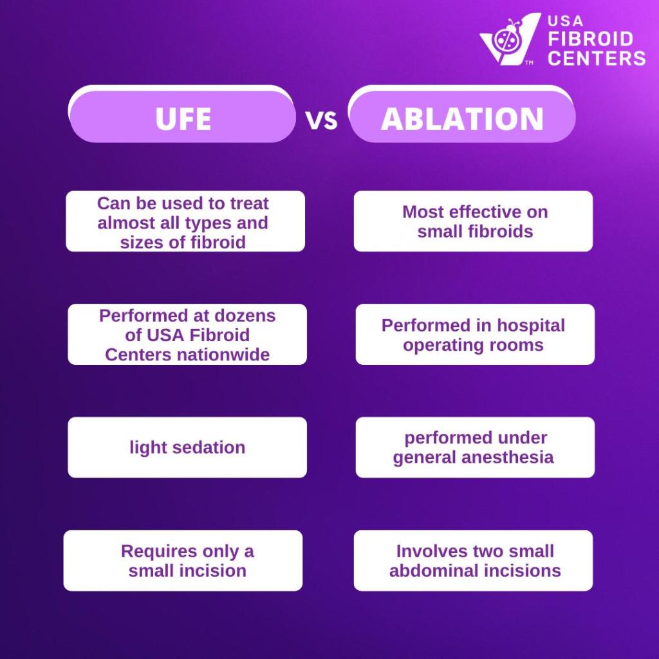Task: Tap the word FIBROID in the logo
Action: coord(590,39)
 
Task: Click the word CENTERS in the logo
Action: coord(597,58)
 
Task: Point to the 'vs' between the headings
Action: coord(322,120)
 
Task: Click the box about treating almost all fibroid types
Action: coord(185,221)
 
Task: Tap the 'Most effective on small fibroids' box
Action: coord(474,221)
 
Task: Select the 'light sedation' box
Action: coord(187,447)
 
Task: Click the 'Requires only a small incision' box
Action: coord(183,561)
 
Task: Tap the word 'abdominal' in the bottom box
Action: coord(431,571)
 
